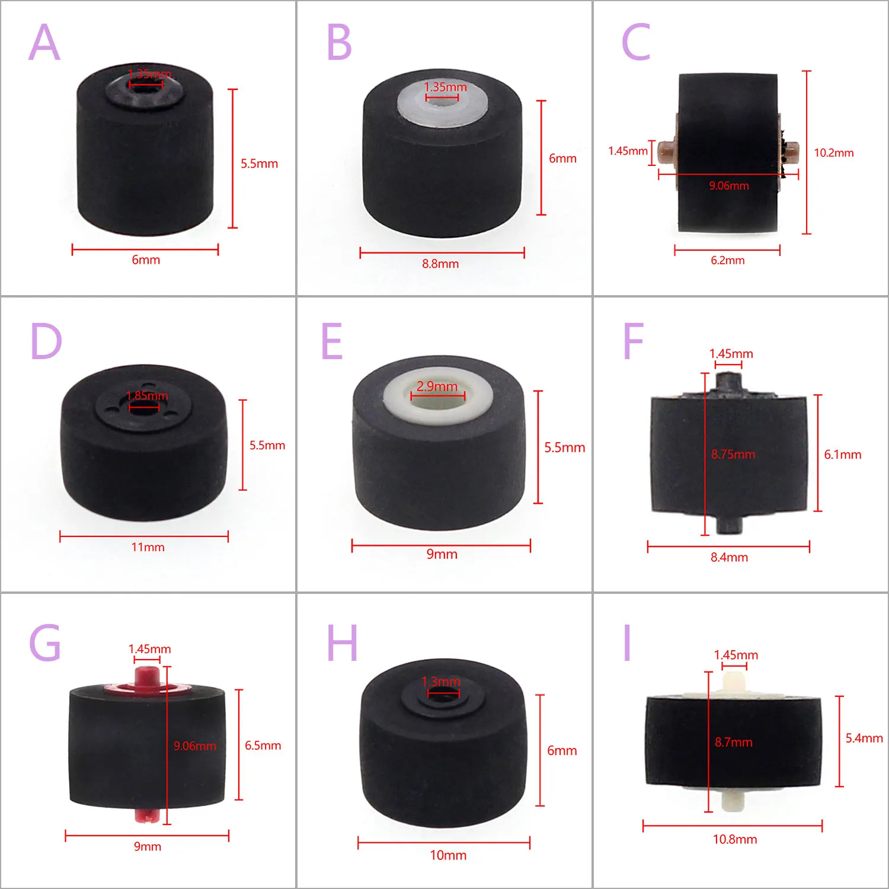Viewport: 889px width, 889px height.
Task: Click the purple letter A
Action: tap(44, 43)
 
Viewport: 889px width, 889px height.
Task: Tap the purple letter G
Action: tap(45, 643)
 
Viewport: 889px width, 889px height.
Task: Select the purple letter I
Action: tap(627, 643)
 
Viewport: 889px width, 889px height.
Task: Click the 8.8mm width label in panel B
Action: tap(440, 264)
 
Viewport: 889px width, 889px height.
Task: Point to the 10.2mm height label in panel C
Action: tap(833, 153)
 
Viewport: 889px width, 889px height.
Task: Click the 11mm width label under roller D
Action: tap(148, 547)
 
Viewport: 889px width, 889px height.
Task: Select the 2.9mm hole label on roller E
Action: tap(437, 386)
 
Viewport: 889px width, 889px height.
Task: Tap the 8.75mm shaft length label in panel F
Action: tap(733, 455)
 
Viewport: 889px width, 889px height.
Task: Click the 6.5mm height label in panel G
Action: tap(263, 746)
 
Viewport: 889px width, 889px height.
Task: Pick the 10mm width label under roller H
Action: tap(448, 855)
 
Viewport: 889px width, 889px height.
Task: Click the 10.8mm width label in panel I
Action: tap(735, 839)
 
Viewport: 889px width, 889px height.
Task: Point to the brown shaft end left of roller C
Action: tap(667, 152)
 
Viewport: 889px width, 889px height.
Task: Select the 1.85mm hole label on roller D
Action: tap(147, 395)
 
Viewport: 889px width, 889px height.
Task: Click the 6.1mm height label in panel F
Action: tap(842, 455)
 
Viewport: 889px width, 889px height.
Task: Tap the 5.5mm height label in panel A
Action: tap(259, 164)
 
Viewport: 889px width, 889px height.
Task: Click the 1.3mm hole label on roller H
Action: tap(440, 682)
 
